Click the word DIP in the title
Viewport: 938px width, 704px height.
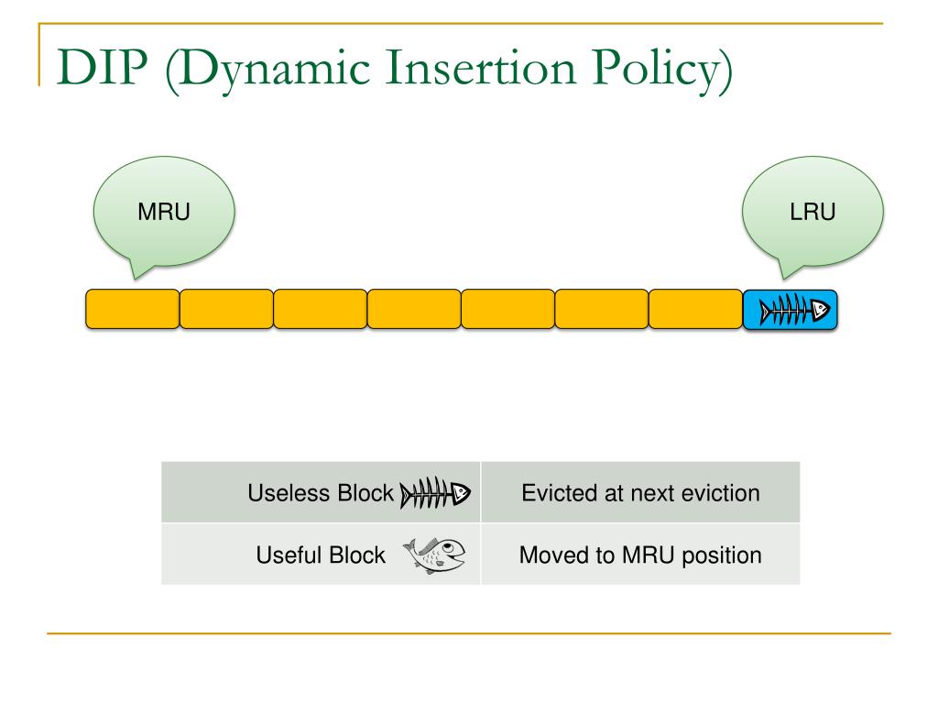(x=102, y=67)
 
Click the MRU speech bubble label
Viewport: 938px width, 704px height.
(x=164, y=212)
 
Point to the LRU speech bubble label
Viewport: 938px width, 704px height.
(x=813, y=212)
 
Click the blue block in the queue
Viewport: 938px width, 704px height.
(x=790, y=310)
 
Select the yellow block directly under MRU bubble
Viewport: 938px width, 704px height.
(x=132, y=309)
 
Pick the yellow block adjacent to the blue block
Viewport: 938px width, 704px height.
(x=696, y=309)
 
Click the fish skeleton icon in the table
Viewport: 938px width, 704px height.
(x=435, y=492)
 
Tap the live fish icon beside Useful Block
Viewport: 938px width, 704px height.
(x=434, y=555)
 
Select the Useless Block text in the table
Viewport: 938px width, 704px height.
(x=321, y=493)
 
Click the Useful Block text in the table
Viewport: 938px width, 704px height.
(x=321, y=555)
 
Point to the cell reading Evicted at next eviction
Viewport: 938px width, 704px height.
(x=640, y=492)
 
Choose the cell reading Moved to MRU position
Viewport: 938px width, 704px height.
(x=640, y=555)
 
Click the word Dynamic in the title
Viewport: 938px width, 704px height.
(x=273, y=71)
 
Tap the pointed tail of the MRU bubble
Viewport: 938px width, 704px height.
(x=137, y=277)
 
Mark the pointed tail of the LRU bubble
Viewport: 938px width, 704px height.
(x=784, y=277)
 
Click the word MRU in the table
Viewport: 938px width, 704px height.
(x=649, y=555)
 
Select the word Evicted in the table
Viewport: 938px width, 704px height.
(x=560, y=493)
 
